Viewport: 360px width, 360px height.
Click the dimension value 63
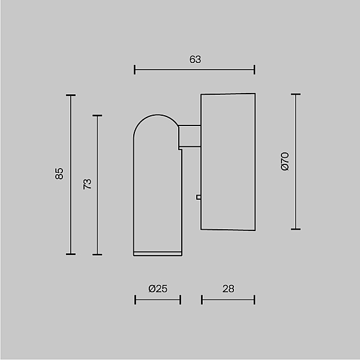point(195,59)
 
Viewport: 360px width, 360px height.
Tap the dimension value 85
point(59,174)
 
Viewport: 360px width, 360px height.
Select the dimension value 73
point(87,184)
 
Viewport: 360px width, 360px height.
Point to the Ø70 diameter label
point(285,161)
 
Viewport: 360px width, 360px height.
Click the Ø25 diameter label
point(158,289)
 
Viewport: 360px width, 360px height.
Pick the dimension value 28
point(228,289)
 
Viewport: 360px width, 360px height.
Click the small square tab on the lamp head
point(199,197)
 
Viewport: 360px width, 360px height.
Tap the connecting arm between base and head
point(190,136)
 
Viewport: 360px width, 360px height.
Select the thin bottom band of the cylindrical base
point(158,253)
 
